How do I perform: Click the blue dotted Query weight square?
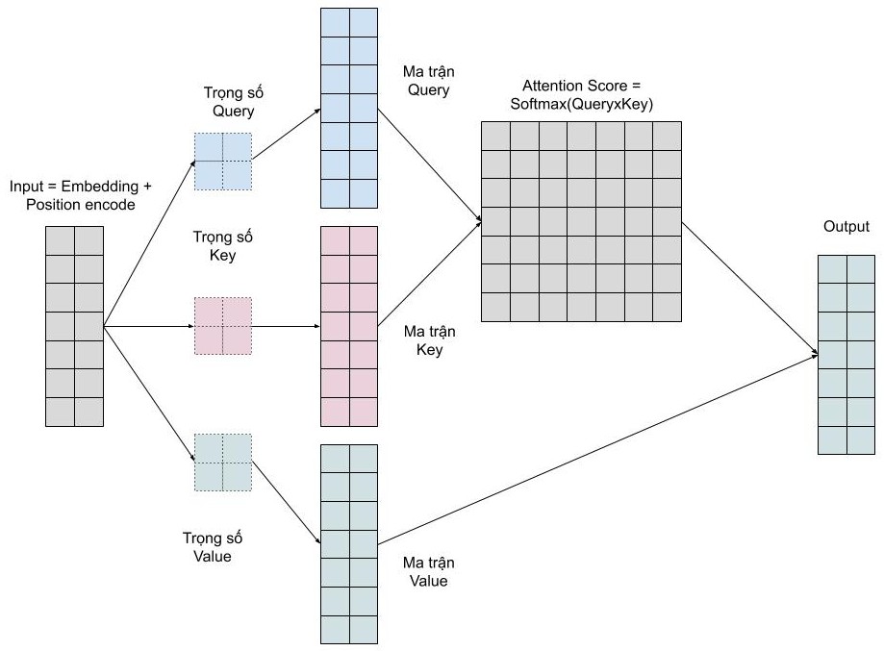tap(222, 161)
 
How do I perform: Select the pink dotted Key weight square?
tap(222, 326)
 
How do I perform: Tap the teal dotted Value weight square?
tap(222, 462)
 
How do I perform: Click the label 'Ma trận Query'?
tap(428, 81)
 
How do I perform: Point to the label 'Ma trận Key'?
tap(428, 340)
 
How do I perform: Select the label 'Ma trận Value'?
tap(428, 571)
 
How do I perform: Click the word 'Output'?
tap(846, 227)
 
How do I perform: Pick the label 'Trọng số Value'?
tap(207, 546)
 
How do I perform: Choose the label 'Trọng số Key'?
tap(222, 247)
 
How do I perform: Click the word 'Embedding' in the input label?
tap(107, 185)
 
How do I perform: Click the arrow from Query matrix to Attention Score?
tap(429, 166)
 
